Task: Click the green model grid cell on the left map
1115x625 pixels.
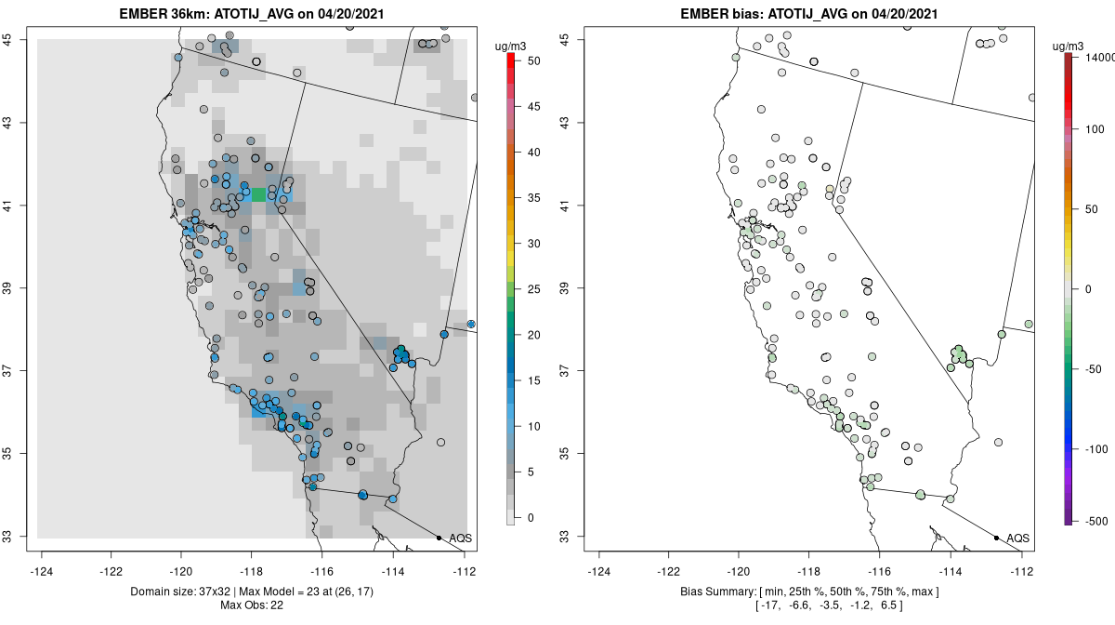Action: [x=258, y=193]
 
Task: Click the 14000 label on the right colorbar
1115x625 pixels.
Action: [x=1100, y=58]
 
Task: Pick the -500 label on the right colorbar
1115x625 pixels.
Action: [x=1095, y=520]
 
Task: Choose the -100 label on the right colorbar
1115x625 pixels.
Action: [x=1095, y=448]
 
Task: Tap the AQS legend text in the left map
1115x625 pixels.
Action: [x=461, y=539]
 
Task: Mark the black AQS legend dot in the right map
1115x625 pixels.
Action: [x=995, y=538]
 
